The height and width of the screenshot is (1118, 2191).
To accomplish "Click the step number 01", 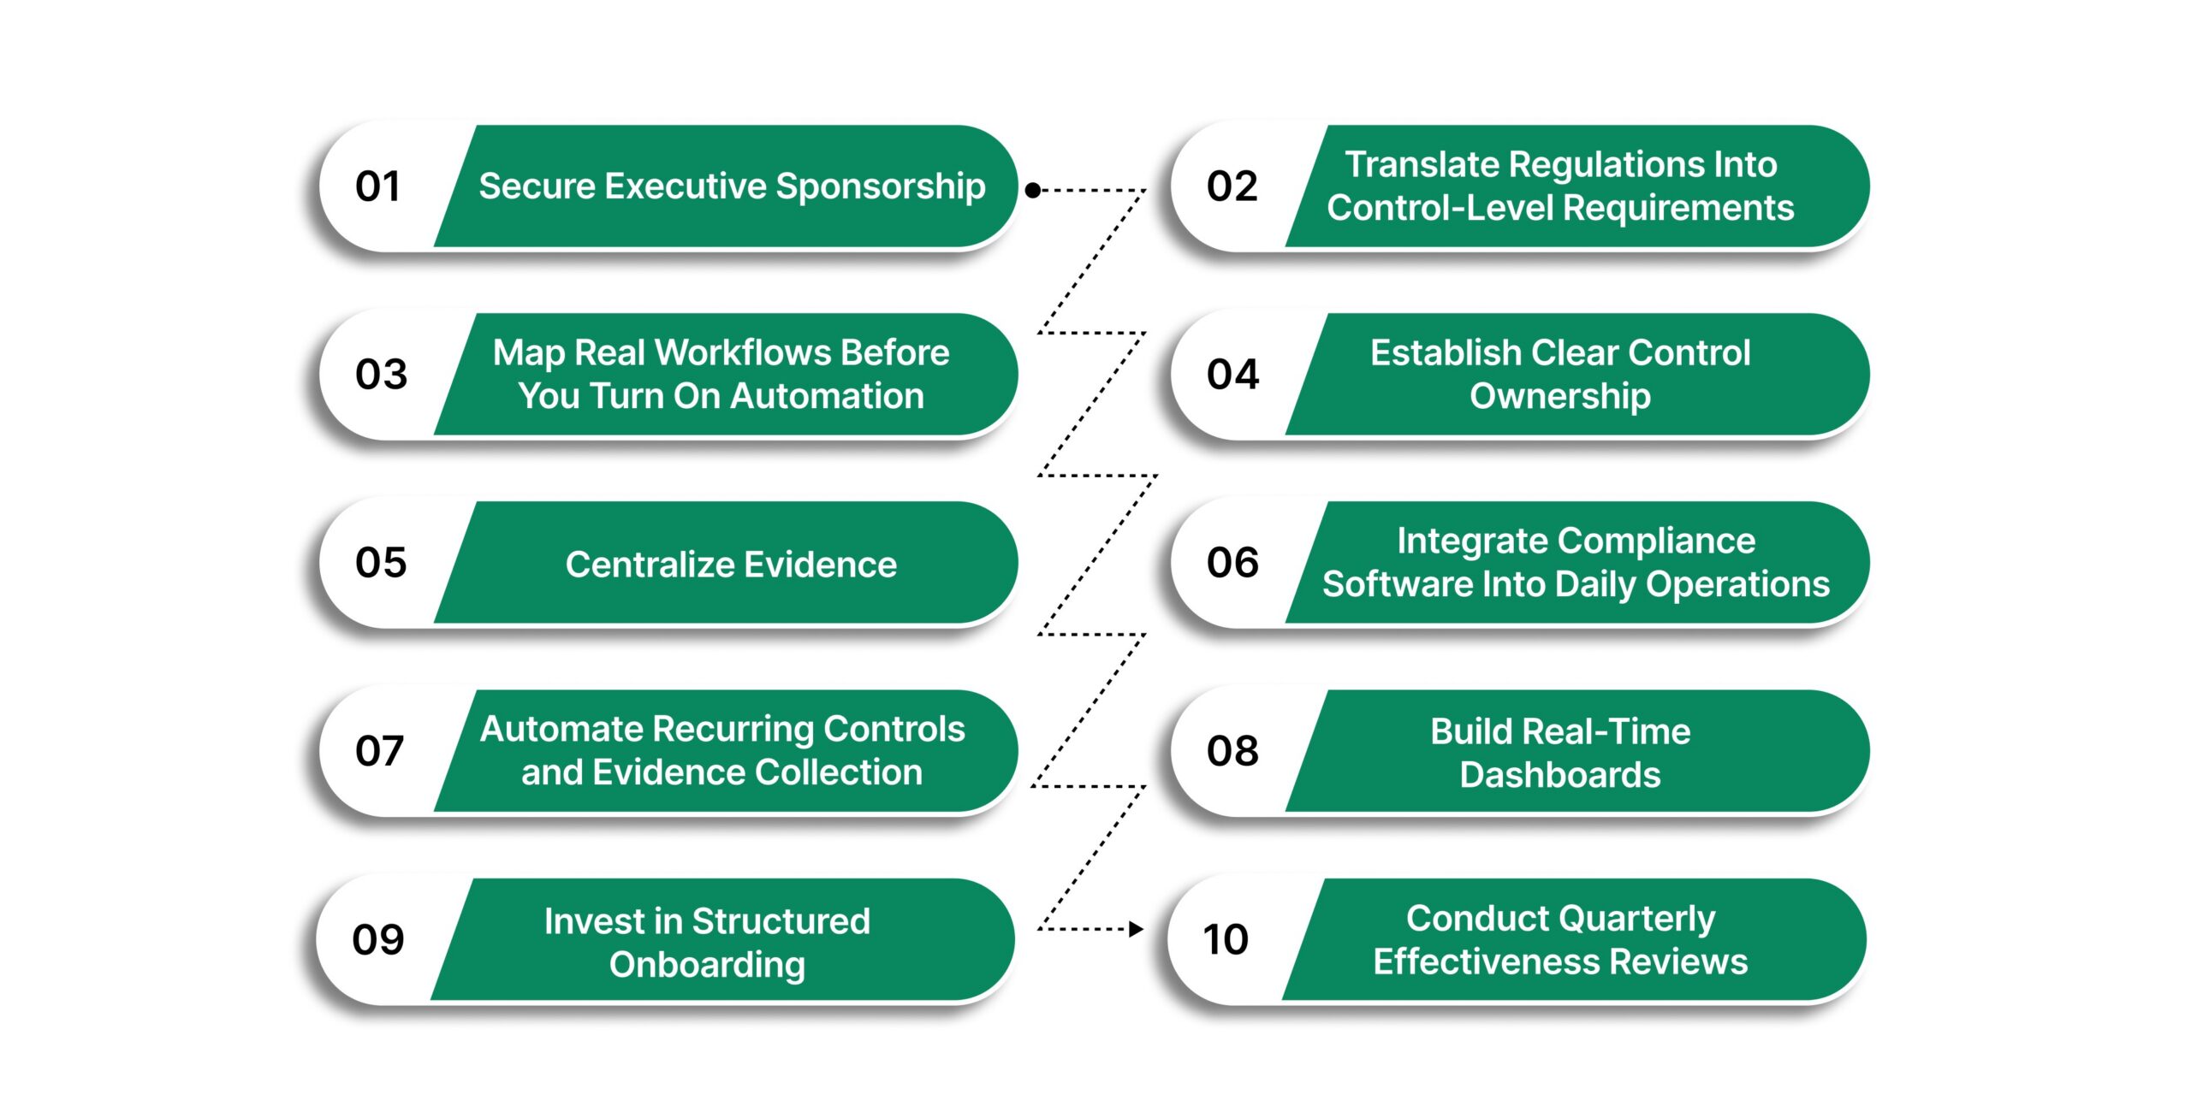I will point(377,186).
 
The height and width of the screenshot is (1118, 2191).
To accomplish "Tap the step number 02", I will point(1232,186).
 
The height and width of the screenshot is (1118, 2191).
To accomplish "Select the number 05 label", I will point(381,563).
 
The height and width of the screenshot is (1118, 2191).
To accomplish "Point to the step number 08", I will point(1232,751).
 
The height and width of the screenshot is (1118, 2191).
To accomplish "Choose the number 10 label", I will point(1226,939).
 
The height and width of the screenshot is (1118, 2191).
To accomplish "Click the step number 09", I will point(378,939).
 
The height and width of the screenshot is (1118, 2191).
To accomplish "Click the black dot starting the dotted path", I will point(1033,190).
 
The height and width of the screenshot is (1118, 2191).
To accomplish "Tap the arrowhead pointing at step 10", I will point(1137,929).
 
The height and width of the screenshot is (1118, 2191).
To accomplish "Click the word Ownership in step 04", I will point(1560,396).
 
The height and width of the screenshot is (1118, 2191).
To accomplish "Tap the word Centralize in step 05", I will point(650,565).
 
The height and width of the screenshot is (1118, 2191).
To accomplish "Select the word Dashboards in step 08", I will point(1560,775).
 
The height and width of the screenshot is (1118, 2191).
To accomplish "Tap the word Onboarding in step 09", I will point(707,965).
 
